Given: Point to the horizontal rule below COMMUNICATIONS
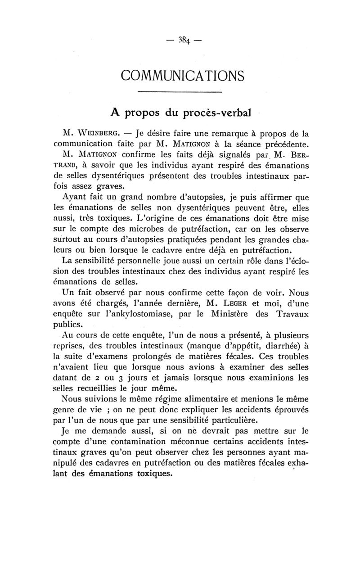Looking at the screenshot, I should click(x=180, y=92).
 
